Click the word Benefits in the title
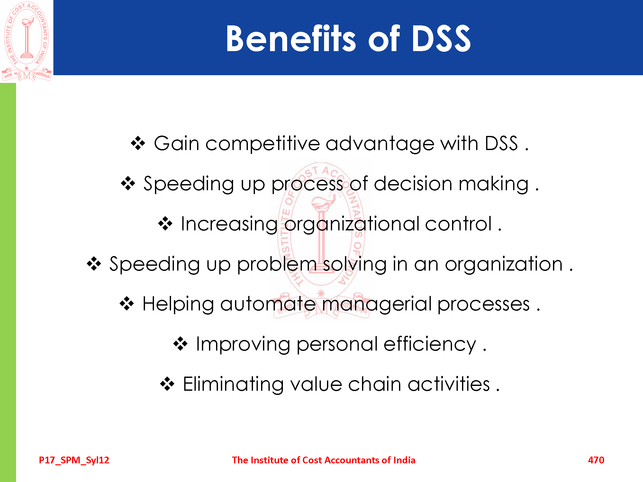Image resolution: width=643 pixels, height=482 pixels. pyautogui.click(x=291, y=39)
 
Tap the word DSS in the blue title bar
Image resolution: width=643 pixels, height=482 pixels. pyautogui.click(x=441, y=39)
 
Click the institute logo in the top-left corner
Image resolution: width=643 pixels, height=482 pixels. pyautogui.click(x=27, y=41)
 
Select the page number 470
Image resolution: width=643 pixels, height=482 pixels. pyautogui.click(x=596, y=460)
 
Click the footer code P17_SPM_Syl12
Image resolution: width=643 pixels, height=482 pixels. pyautogui.click(x=74, y=460)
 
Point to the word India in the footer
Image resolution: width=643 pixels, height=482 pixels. pyautogui.click(x=404, y=460)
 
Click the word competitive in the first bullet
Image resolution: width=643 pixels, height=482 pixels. pyautogui.click(x=263, y=144)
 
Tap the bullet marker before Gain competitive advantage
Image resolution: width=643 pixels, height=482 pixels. pyautogui.click(x=138, y=143)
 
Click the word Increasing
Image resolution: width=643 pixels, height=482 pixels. pyautogui.click(x=229, y=224)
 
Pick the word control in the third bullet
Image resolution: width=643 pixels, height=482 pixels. pyautogui.click(x=458, y=224)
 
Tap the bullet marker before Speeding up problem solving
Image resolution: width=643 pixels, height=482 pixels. pyautogui.click(x=94, y=264)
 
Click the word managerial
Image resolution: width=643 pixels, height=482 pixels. pyautogui.click(x=377, y=304)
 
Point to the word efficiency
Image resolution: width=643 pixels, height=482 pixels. pyautogui.click(x=430, y=344)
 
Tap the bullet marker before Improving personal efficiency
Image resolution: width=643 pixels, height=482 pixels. pyautogui.click(x=180, y=344)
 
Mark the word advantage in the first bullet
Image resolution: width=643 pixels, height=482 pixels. pyautogui.click(x=380, y=144)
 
